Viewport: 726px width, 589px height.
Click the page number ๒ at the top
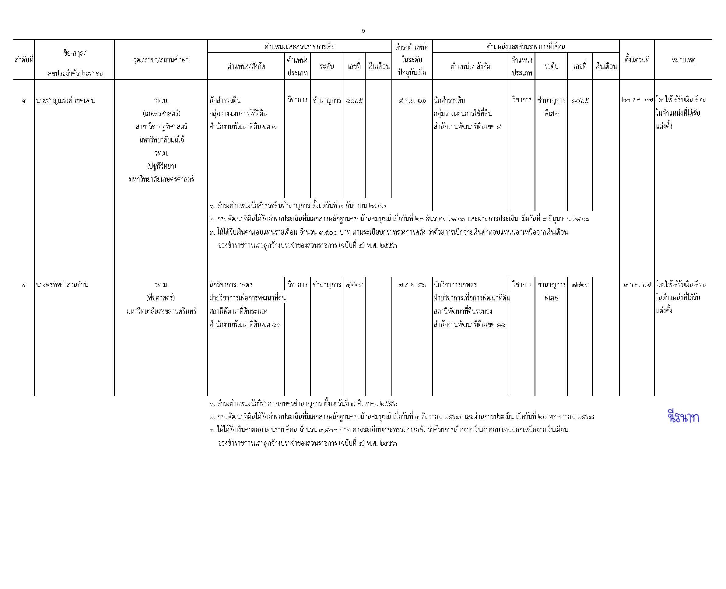tap(363, 31)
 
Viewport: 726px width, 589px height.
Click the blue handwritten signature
tap(682, 417)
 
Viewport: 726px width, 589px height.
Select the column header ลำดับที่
tap(24, 60)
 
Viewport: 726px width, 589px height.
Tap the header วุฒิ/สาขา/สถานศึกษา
tap(161, 60)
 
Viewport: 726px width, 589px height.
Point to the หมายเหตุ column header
tap(683, 60)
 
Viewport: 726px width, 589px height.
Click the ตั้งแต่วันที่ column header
tap(637, 60)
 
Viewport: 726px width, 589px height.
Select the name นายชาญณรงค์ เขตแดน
tap(65, 100)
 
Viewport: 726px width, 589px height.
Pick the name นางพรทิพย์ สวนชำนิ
tap(62, 285)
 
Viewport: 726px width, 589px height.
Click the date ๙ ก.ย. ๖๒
tap(412, 100)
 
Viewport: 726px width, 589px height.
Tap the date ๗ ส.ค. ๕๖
tap(412, 285)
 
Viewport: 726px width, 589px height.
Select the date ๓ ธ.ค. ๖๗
tap(637, 285)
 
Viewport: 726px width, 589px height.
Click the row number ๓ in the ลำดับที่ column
tap(24, 101)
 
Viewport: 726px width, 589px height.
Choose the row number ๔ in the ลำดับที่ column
tap(24, 285)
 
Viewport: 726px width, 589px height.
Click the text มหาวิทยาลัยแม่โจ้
tap(161, 140)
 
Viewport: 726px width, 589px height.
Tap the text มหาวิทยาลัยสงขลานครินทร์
tap(161, 311)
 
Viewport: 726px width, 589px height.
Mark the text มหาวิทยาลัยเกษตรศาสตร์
tap(161, 179)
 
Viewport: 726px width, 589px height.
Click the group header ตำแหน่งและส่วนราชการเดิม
tap(300, 47)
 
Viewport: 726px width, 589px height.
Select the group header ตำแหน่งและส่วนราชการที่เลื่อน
tap(525, 47)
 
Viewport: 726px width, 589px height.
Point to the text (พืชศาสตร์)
tap(161, 298)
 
